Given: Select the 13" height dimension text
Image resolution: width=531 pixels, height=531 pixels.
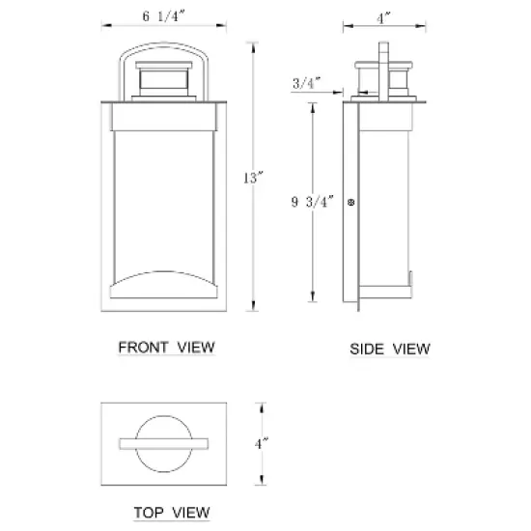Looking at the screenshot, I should pos(253,178).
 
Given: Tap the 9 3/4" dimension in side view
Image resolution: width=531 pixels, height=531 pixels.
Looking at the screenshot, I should pos(312,202).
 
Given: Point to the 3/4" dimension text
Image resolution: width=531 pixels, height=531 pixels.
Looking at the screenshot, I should pos(304,84).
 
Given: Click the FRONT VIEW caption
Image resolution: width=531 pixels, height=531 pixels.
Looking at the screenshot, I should pos(166,347).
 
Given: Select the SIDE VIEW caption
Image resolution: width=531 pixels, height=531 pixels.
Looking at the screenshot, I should pos(389,348).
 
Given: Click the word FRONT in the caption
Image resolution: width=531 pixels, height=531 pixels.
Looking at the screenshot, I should pos(144,347).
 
